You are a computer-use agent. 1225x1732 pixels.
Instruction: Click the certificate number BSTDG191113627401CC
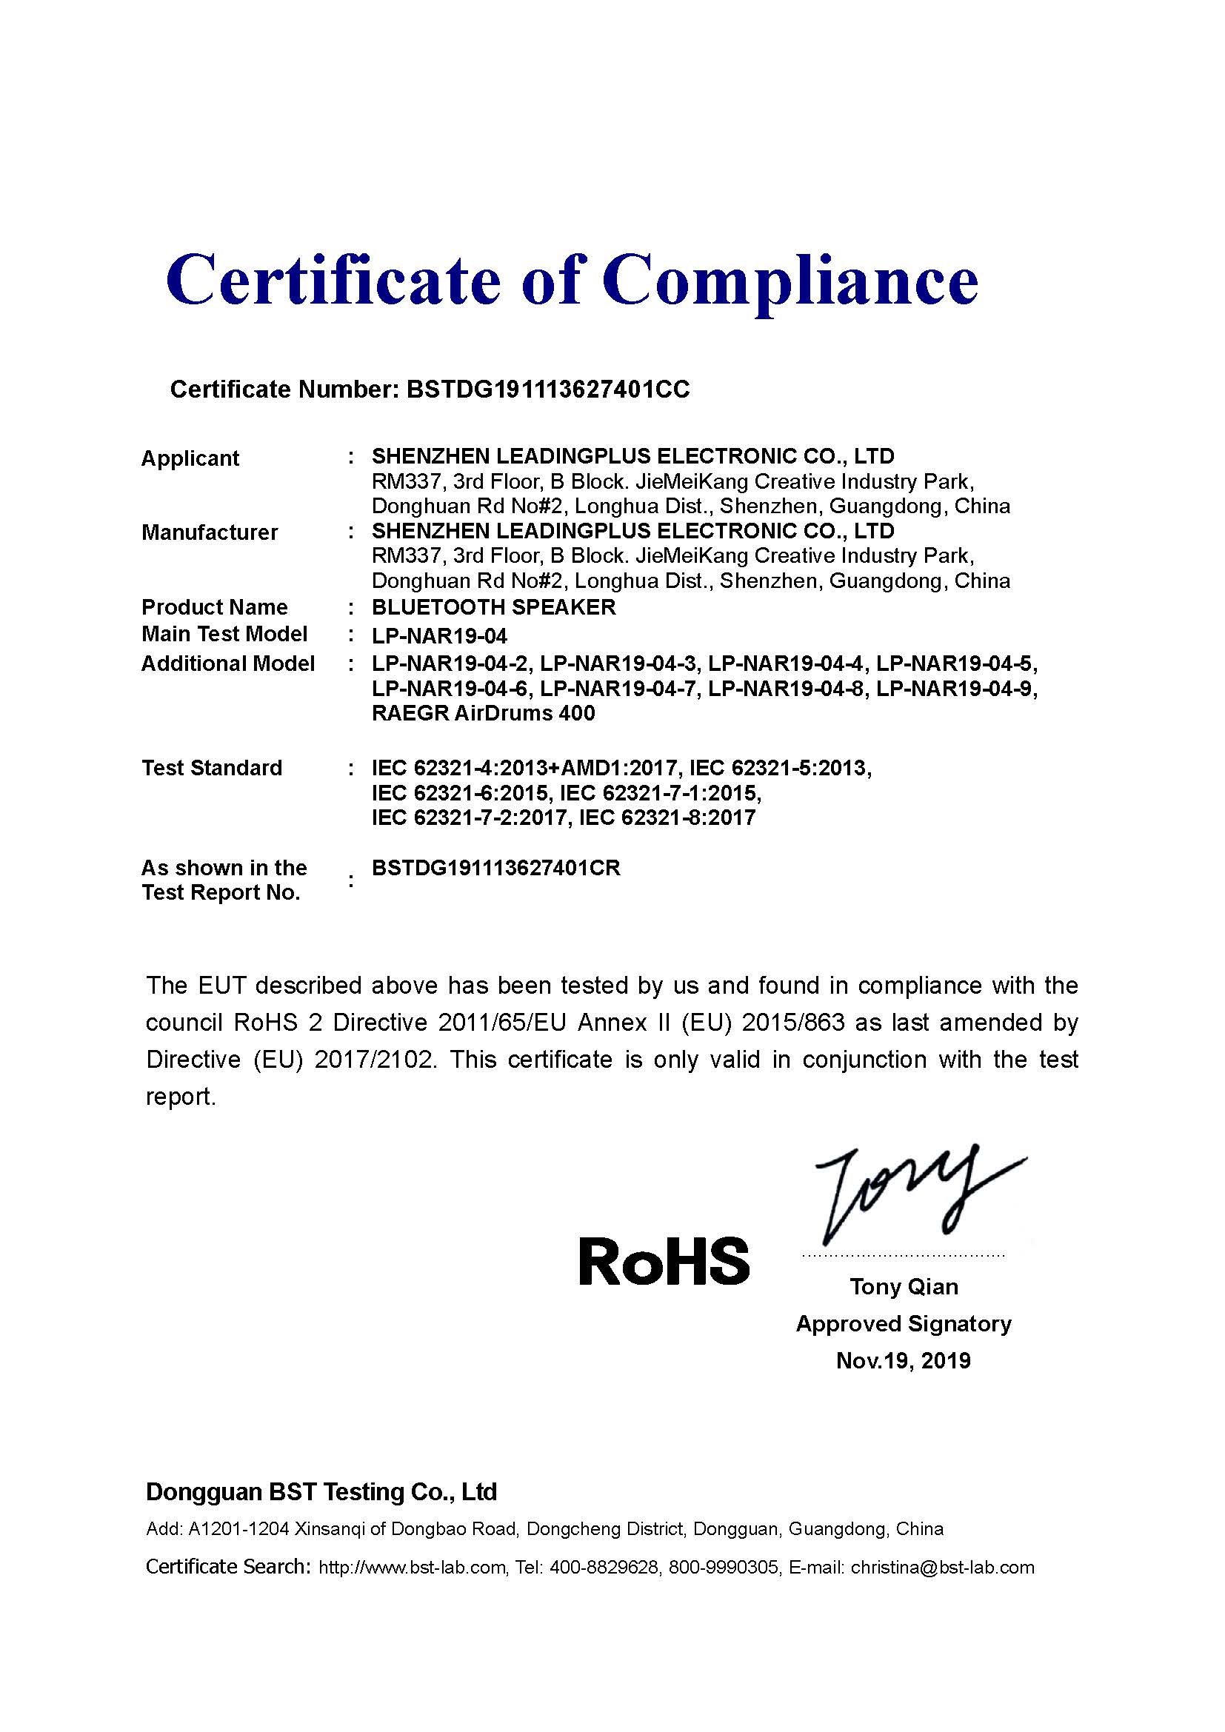pyautogui.click(x=547, y=389)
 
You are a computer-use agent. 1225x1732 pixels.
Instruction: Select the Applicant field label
pyautogui.click(x=190, y=458)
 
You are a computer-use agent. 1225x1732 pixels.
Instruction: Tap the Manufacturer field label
pyautogui.click(x=210, y=532)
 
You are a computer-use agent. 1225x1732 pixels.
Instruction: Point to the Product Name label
pyautogui.click(x=214, y=607)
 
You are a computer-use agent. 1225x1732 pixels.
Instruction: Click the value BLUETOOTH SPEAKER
pyautogui.click(x=493, y=607)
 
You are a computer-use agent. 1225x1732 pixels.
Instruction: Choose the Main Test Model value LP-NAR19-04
pyautogui.click(x=439, y=636)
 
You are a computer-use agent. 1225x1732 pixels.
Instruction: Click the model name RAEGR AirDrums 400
pyautogui.click(x=483, y=713)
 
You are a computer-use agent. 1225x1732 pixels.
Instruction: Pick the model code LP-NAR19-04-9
pyautogui.click(x=956, y=689)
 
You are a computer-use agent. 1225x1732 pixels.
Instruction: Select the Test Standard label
pyautogui.click(x=212, y=768)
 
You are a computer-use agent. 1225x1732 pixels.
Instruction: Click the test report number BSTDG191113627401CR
pyautogui.click(x=495, y=869)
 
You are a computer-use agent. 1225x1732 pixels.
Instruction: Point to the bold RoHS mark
pyautogui.click(x=664, y=1261)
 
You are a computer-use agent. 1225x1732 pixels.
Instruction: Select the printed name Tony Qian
pyautogui.click(x=904, y=1286)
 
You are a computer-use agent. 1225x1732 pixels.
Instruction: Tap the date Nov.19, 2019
pyautogui.click(x=903, y=1360)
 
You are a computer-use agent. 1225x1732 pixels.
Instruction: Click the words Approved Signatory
pyautogui.click(x=903, y=1323)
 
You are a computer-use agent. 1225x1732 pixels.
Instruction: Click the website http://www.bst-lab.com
pyautogui.click(x=412, y=1568)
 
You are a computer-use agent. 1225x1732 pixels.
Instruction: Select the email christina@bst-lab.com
pyautogui.click(x=942, y=1568)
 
